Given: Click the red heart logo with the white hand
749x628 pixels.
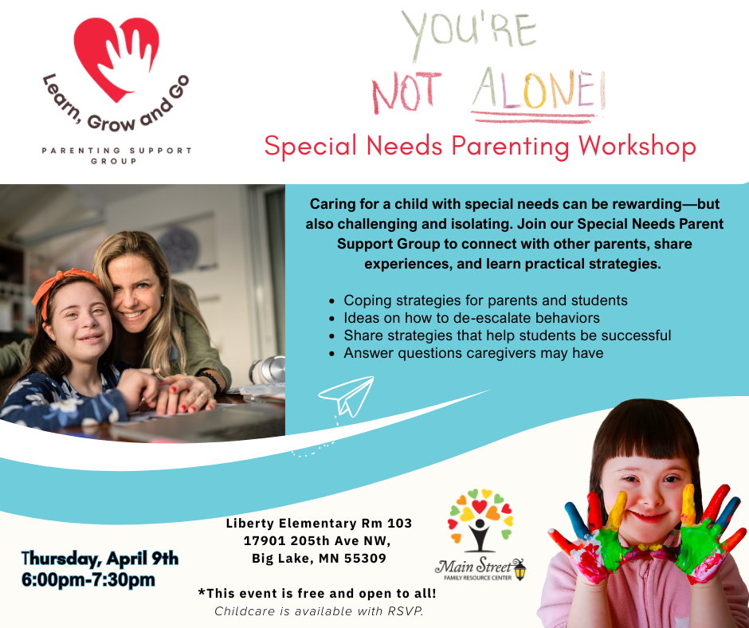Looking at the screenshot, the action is pyautogui.click(x=116, y=57).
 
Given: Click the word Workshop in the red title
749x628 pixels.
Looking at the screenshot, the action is pyautogui.click(x=637, y=146).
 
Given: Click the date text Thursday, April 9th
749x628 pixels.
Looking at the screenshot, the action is pyautogui.click(x=100, y=558).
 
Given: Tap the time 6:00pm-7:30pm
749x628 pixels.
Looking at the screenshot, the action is pyautogui.click(x=88, y=579).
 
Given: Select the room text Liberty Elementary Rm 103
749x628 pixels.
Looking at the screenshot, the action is pyautogui.click(x=319, y=524).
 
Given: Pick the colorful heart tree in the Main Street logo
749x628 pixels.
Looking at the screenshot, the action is pyautogui.click(x=480, y=520).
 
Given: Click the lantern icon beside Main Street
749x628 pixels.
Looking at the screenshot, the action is pyautogui.click(x=520, y=569).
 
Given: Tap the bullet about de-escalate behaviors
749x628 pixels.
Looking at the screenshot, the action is pyautogui.click(x=472, y=318).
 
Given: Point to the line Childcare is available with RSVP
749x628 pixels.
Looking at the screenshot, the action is pyautogui.click(x=319, y=611).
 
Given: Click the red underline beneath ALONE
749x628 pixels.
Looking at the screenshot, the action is pyautogui.click(x=534, y=117).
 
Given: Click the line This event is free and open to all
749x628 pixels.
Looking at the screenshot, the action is pyautogui.click(x=317, y=594).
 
